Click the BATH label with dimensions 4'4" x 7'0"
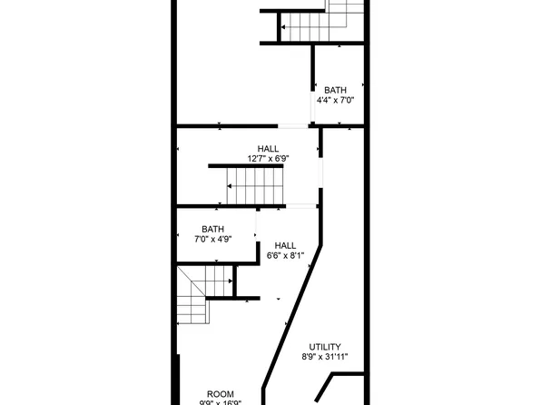[x=336, y=90]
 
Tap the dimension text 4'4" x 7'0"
[x=336, y=100]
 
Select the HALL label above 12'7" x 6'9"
[x=268, y=149]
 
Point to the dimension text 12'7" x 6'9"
[x=268, y=159]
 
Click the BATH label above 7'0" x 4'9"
[x=213, y=230]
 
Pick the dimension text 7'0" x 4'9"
[x=213, y=240]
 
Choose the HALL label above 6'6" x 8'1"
[x=285, y=245]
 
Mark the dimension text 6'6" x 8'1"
[x=285, y=256]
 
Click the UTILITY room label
[x=325, y=347]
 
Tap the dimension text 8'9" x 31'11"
[x=325, y=358]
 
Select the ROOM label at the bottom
[x=221, y=394]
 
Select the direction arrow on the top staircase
[x=283, y=29]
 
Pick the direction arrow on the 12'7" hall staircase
[x=231, y=186]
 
